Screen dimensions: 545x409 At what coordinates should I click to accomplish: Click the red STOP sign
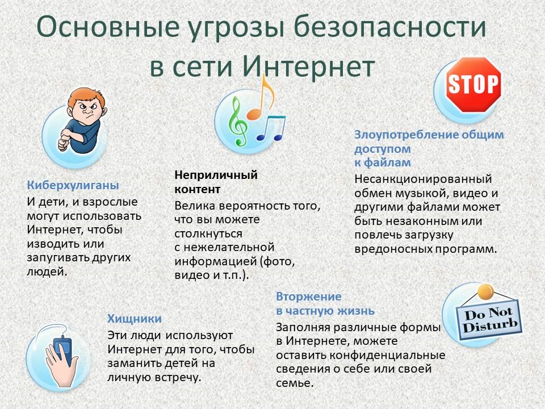pyautogui.click(x=473, y=85)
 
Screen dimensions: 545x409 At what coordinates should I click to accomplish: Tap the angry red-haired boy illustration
pyautogui.click(x=83, y=120)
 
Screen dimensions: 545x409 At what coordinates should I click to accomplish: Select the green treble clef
pyautogui.click(x=238, y=120)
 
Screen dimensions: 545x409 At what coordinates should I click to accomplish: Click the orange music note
pyautogui.click(x=261, y=97)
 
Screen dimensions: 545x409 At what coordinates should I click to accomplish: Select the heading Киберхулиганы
pyautogui.click(x=73, y=185)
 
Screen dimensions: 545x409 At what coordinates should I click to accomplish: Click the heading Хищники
pyautogui.click(x=135, y=319)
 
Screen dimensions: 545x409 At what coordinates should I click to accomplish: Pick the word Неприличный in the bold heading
pyautogui.click(x=216, y=174)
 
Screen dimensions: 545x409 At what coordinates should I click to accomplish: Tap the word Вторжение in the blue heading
pyautogui.click(x=309, y=297)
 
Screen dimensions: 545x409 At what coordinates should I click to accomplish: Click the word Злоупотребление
pyautogui.click(x=406, y=135)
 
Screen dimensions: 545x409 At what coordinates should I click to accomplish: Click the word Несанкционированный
pyautogui.click(x=423, y=179)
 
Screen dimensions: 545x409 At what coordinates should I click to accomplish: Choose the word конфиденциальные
pyautogui.click(x=387, y=355)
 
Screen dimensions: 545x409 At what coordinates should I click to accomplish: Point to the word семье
pyautogui.click(x=295, y=383)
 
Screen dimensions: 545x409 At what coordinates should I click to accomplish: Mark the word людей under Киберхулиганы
pyautogui.click(x=47, y=272)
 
